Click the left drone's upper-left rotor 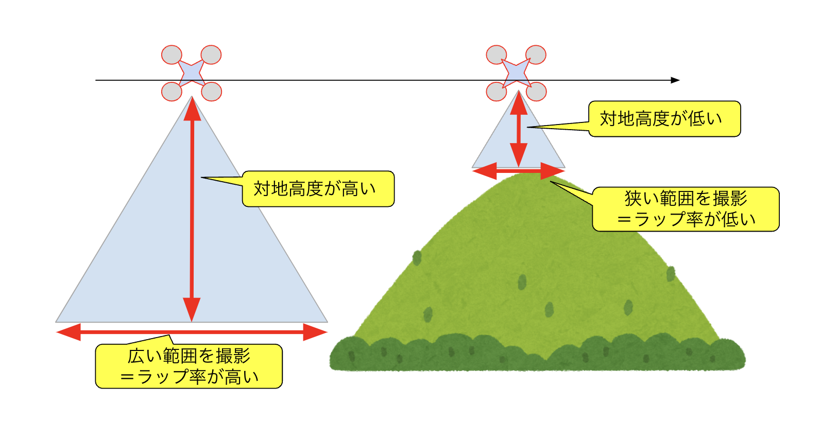point(172,55)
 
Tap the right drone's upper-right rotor point(536,55)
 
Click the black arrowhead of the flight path point(675,80)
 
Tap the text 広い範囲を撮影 point(189,356)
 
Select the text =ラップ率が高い point(189,377)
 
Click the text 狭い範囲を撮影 point(686,198)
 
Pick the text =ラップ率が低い point(686,220)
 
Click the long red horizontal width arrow point(192,332)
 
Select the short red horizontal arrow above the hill point(518,171)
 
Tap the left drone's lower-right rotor point(211,92)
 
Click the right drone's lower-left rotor point(497,92)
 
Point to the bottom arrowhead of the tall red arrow point(192,310)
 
